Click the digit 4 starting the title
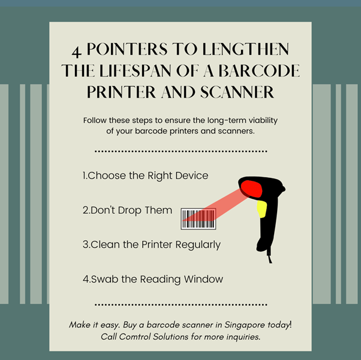[x=76, y=50]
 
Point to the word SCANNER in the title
[x=236, y=93]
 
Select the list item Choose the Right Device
[x=145, y=176]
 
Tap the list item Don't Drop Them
[x=127, y=210]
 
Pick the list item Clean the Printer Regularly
[x=151, y=244]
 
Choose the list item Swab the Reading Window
[x=152, y=279]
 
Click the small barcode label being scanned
[x=198, y=219]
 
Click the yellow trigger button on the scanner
[x=261, y=208]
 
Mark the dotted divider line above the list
[x=180, y=152]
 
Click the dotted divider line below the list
[x=180, y=305]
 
